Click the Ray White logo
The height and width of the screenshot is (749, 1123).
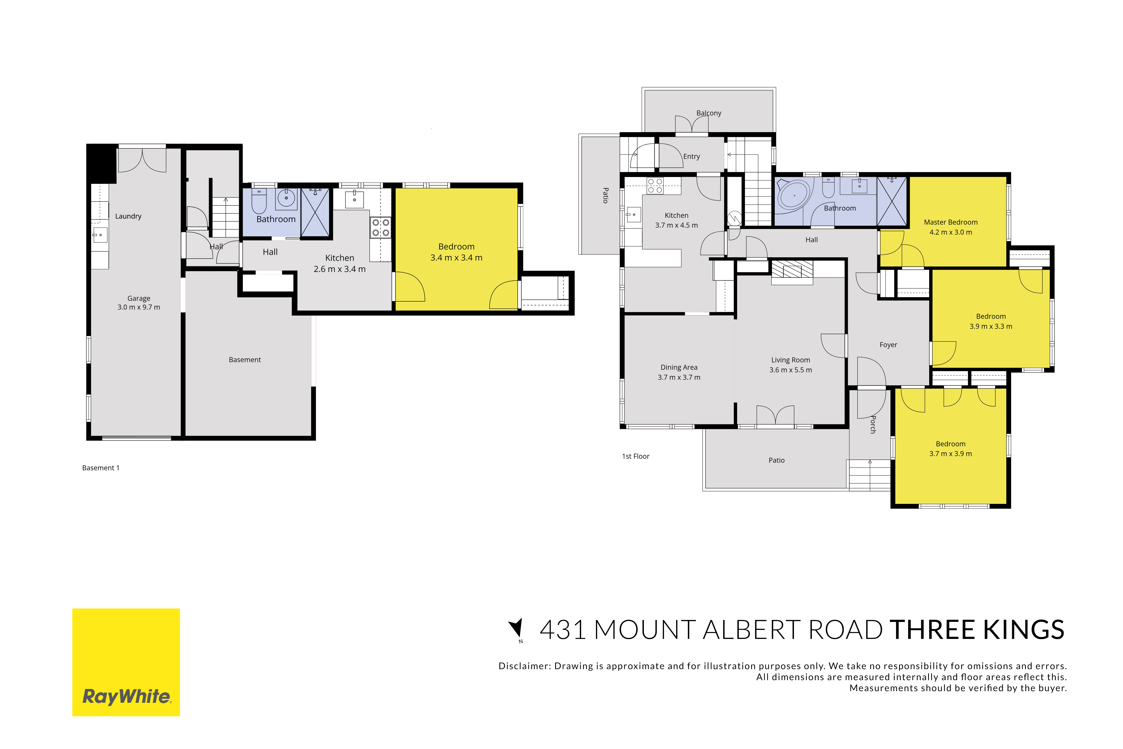coord(126,662)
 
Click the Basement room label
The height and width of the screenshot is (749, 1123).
coord(245,360)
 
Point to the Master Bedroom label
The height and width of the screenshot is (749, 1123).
coord(951,222)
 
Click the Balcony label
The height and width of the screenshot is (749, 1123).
coord(709,113)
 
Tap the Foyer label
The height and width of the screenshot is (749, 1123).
coord(889,345)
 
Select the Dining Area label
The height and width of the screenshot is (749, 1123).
coord(679,367)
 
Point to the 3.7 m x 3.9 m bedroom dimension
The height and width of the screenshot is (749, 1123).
coord(951,454)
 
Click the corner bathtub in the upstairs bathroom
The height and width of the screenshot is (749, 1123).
coord(793,194)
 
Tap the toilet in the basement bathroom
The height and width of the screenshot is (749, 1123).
coord(259,201)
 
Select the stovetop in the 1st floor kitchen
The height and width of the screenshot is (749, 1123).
coord(655,186)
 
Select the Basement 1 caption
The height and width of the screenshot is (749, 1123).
coord(101,468)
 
